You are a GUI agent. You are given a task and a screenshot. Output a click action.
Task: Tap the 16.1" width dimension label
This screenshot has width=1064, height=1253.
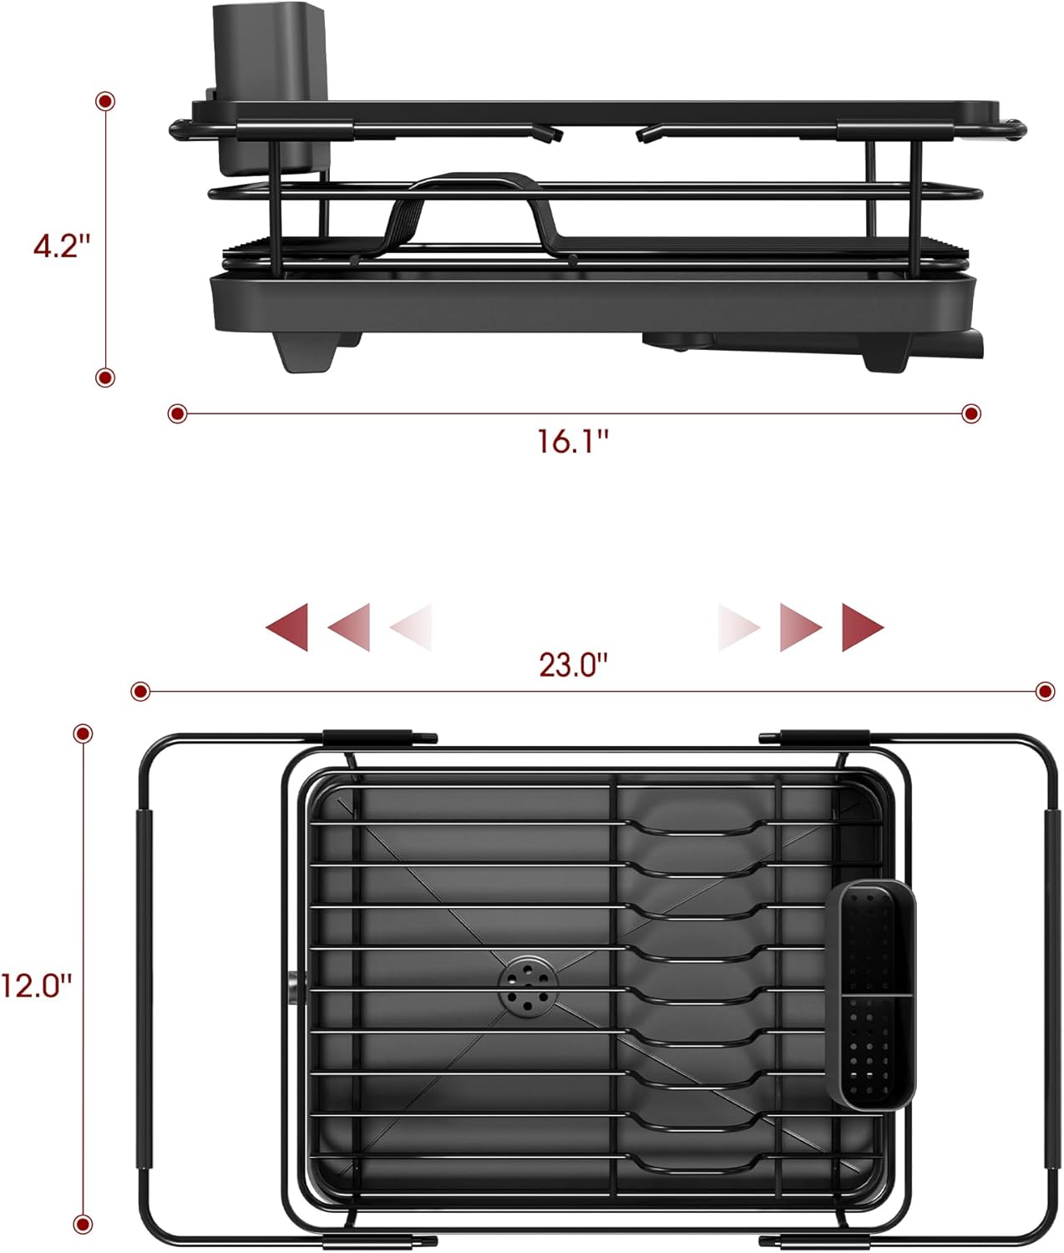pyautogui.click(x=573, y=440)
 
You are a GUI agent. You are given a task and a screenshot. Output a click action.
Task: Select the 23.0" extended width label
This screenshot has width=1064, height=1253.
pyautogui.click(x=573, y=666)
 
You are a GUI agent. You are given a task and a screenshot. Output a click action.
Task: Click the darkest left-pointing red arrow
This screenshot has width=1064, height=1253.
pyautogui.click(x=287, y=626)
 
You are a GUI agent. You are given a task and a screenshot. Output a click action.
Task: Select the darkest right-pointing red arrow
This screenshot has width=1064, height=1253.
pyautogui.click(x=862, y=626)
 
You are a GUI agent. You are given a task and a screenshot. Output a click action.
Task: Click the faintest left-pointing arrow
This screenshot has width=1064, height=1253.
pyautogui.click(x=412, y=626)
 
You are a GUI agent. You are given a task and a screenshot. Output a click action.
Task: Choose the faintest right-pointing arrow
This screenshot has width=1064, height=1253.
pyautogui.click(x=738, y=626)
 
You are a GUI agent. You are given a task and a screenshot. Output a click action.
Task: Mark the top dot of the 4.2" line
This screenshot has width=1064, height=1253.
pyautogui.click(x=105, y=101)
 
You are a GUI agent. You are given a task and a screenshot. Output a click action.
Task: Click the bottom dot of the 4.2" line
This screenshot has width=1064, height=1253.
pyautogui.click(x=105, y=378)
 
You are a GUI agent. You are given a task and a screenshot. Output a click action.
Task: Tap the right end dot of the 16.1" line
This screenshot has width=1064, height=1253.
pyautogui.click(x=970, y=413)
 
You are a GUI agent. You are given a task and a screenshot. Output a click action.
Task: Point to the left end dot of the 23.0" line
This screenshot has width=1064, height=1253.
pyautogui.click(x=140, y=691)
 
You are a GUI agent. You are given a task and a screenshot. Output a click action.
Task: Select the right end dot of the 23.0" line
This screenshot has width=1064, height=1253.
pyautogui.click(x=1045, y=691)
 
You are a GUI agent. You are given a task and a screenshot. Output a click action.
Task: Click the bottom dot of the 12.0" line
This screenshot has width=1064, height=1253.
pyautogui.click(x=83, y=1224)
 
